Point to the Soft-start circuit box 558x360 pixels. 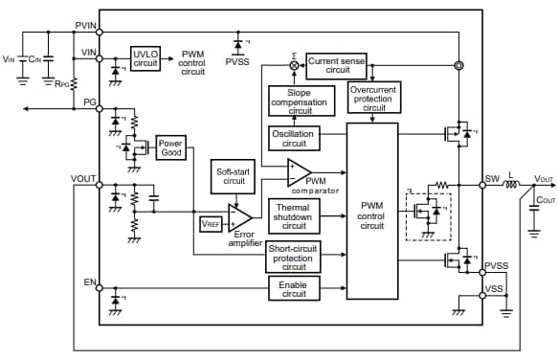[234, 175]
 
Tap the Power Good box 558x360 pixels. [171, 147]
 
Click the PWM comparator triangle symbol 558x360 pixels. [298, 173]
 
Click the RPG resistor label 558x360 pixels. [63, 82]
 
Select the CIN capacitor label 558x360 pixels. [35, 59]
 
